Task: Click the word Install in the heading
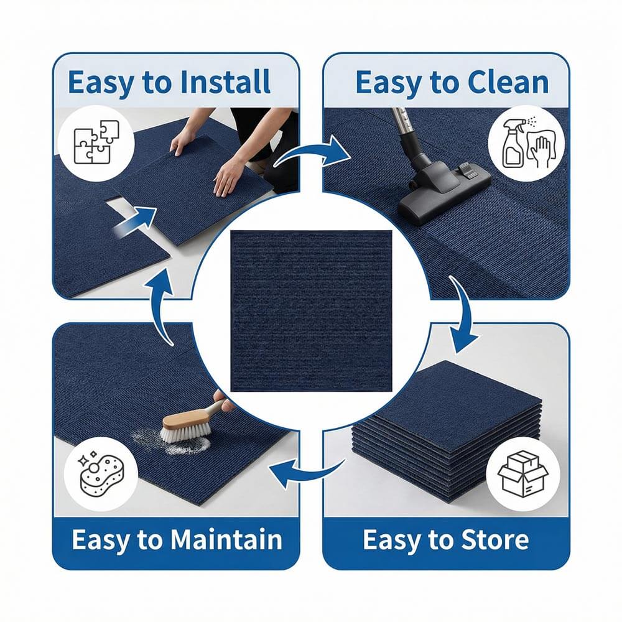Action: point(225,82)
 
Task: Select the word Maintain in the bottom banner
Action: point(226,539)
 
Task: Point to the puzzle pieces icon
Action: point(96,142)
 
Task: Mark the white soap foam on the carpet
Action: point(175,442)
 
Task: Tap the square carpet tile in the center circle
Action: point(311,310)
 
